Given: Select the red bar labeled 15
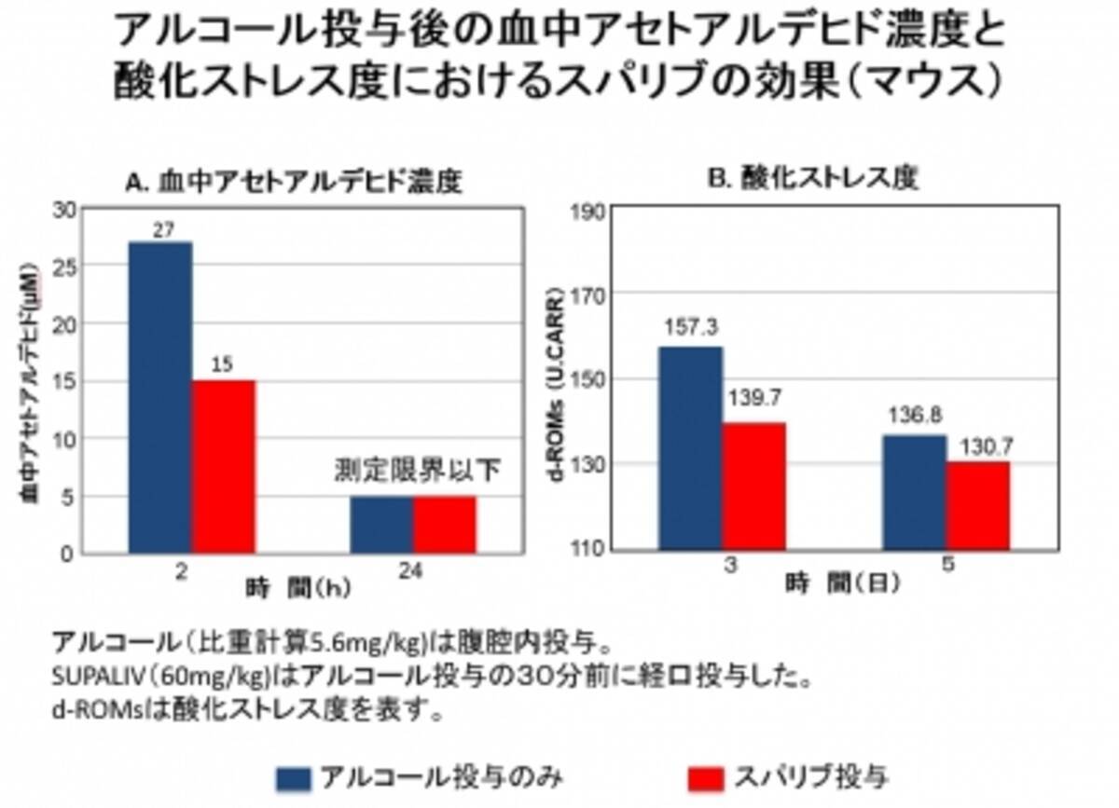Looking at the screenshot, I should tap(224, 467).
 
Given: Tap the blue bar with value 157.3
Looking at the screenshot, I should tap(691, 447).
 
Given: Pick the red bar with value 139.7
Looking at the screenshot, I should tap(754, 486).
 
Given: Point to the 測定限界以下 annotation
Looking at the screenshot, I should tap(417, 470).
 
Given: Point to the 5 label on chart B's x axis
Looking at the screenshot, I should tap(946, 566).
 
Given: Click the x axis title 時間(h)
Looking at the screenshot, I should tap(297, 588).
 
